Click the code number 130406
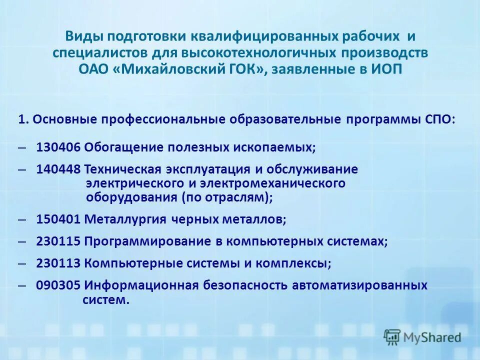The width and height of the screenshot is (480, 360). [x=58, y=147]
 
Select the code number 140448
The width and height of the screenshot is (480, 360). [x=58, y=169]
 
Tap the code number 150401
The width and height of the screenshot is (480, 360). [x=58, y=219]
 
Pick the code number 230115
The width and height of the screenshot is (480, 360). [x=58, y=241]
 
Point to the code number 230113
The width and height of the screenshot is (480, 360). [x=58, y=263]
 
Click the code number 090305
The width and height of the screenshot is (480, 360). [x=58, y=285]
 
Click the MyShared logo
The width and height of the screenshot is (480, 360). [x=422, y=337]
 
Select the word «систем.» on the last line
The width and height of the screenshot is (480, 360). [x=105, y=300]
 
